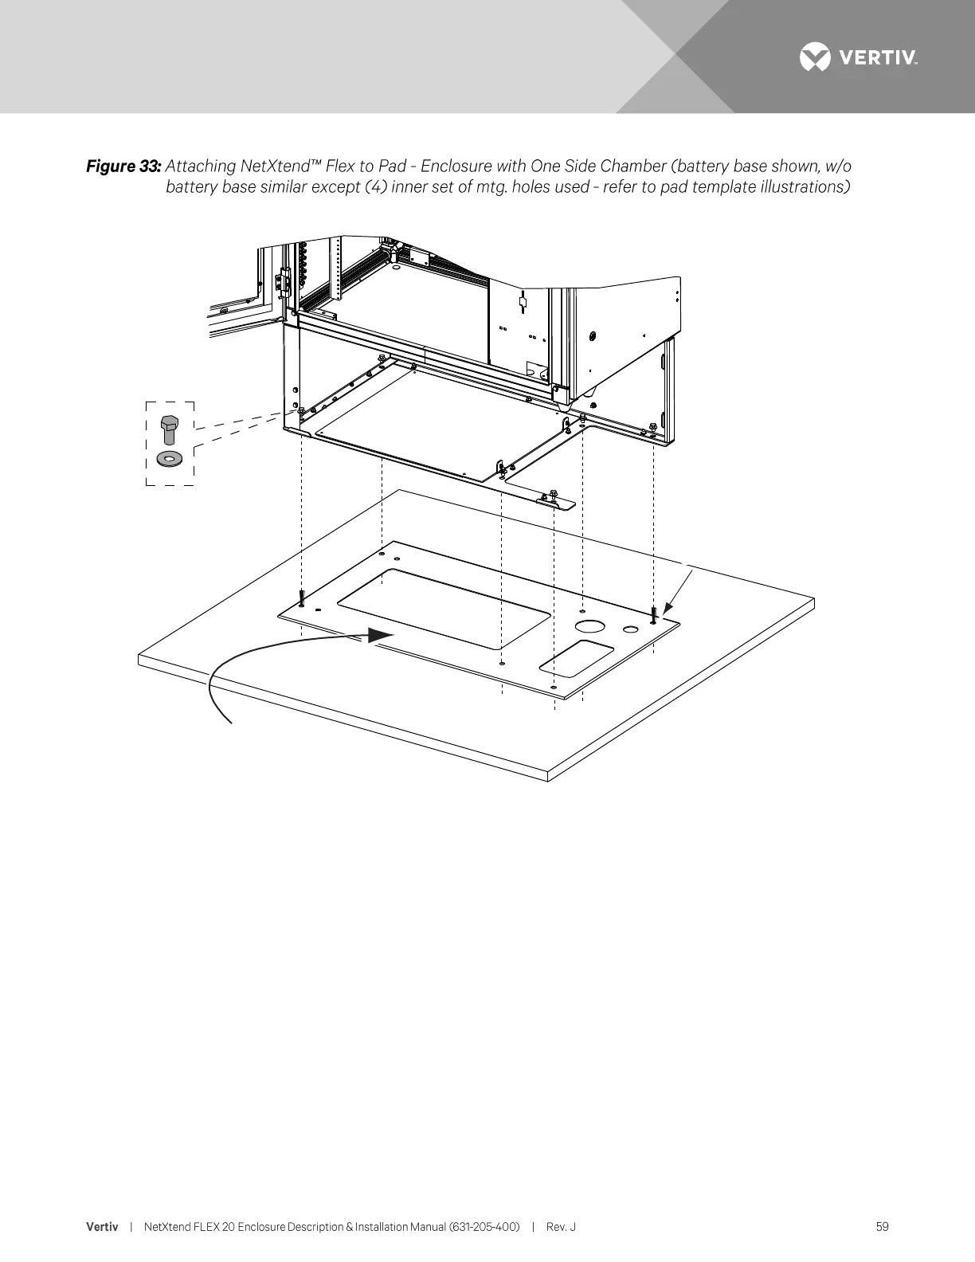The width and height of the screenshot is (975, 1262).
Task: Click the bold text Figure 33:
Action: click(x=123, y=167)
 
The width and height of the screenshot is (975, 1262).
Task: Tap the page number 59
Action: click(x=882, y=1227)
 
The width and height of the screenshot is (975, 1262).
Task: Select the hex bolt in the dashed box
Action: click(x=169, y=429)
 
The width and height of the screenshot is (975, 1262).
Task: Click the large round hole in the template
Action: click(x=591, y=627)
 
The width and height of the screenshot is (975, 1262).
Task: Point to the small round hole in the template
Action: click(x=631, y=630)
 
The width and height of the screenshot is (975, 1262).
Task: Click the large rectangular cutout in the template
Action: click(x=444, y=608)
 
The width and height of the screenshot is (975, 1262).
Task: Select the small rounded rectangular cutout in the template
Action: click(x=577, y=659)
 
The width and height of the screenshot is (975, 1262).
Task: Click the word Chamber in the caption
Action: click(x=633, y=167)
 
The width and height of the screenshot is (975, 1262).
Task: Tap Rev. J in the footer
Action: click(x=561, y=1227)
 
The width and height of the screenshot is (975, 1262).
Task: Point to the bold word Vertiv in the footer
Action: click(x=102, y=1227)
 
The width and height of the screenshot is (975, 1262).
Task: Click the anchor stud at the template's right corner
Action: click(x=652, y=614)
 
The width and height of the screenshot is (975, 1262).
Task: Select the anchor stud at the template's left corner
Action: click(x=302, y=597)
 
